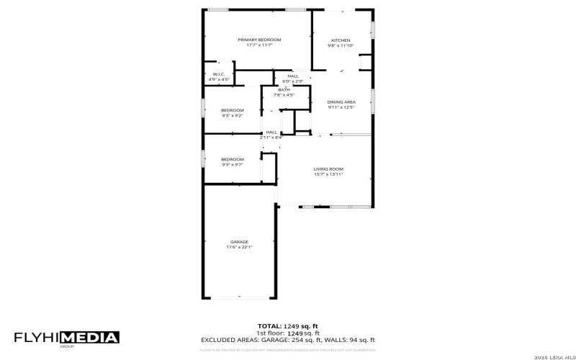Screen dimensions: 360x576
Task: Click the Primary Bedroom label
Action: (260, 40)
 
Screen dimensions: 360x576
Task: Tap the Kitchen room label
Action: (341, 40)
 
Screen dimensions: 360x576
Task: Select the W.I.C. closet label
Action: (219, 74)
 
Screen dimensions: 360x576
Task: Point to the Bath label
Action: (284, 90)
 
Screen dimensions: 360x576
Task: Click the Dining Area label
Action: (341, 102)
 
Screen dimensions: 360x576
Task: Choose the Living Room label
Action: (328, 168)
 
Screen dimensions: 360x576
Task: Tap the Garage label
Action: (239, 241)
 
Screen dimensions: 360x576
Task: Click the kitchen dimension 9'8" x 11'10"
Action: (341, 46)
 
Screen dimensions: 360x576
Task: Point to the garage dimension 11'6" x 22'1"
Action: (239, 247)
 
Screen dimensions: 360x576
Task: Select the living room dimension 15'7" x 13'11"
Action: (328, 174)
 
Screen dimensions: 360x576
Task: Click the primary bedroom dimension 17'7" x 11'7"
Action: (260, 45)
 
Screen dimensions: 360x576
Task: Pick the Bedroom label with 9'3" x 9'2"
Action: (232, 110)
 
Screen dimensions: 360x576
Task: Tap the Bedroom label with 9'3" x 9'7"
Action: (232, 159)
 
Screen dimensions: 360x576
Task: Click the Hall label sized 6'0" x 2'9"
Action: (293, 76)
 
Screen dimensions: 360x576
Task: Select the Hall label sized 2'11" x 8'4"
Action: (271, 132)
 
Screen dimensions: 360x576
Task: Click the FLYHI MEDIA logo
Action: (67, 338)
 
